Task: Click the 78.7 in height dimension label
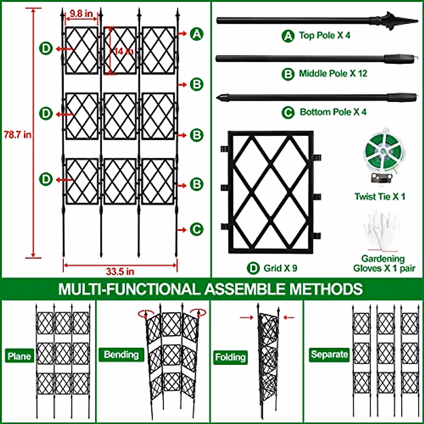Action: [17, 135]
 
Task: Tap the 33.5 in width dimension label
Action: [120, 271]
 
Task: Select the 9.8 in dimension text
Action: [81, 14]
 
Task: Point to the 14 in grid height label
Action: [123, 51]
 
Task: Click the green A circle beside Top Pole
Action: [288, 36]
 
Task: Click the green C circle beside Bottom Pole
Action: [288, 112]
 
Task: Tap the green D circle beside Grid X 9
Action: [253, 268]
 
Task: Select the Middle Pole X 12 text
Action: [333, 73]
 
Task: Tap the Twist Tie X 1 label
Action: [380, 197]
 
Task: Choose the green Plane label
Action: [19, 356]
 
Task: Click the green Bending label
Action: [121, 354]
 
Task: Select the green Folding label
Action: [230, 357]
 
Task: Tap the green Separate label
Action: [329, 354]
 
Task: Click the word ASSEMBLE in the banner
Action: [246, 289]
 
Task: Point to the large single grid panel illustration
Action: [271, 192]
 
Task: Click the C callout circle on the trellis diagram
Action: [196, 230]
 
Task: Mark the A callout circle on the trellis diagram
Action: [196, 34]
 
